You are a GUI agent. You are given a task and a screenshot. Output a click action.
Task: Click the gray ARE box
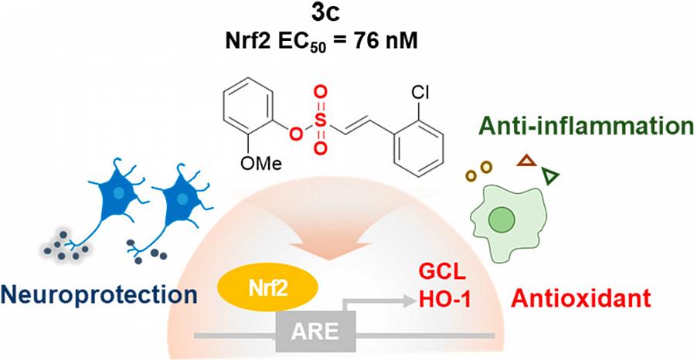click(315, 333)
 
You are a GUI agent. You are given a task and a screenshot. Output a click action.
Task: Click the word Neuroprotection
click(98, 294)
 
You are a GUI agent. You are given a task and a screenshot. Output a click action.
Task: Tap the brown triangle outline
click(526, 161)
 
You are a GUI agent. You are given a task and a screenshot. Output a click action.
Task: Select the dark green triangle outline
click(550, 177)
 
